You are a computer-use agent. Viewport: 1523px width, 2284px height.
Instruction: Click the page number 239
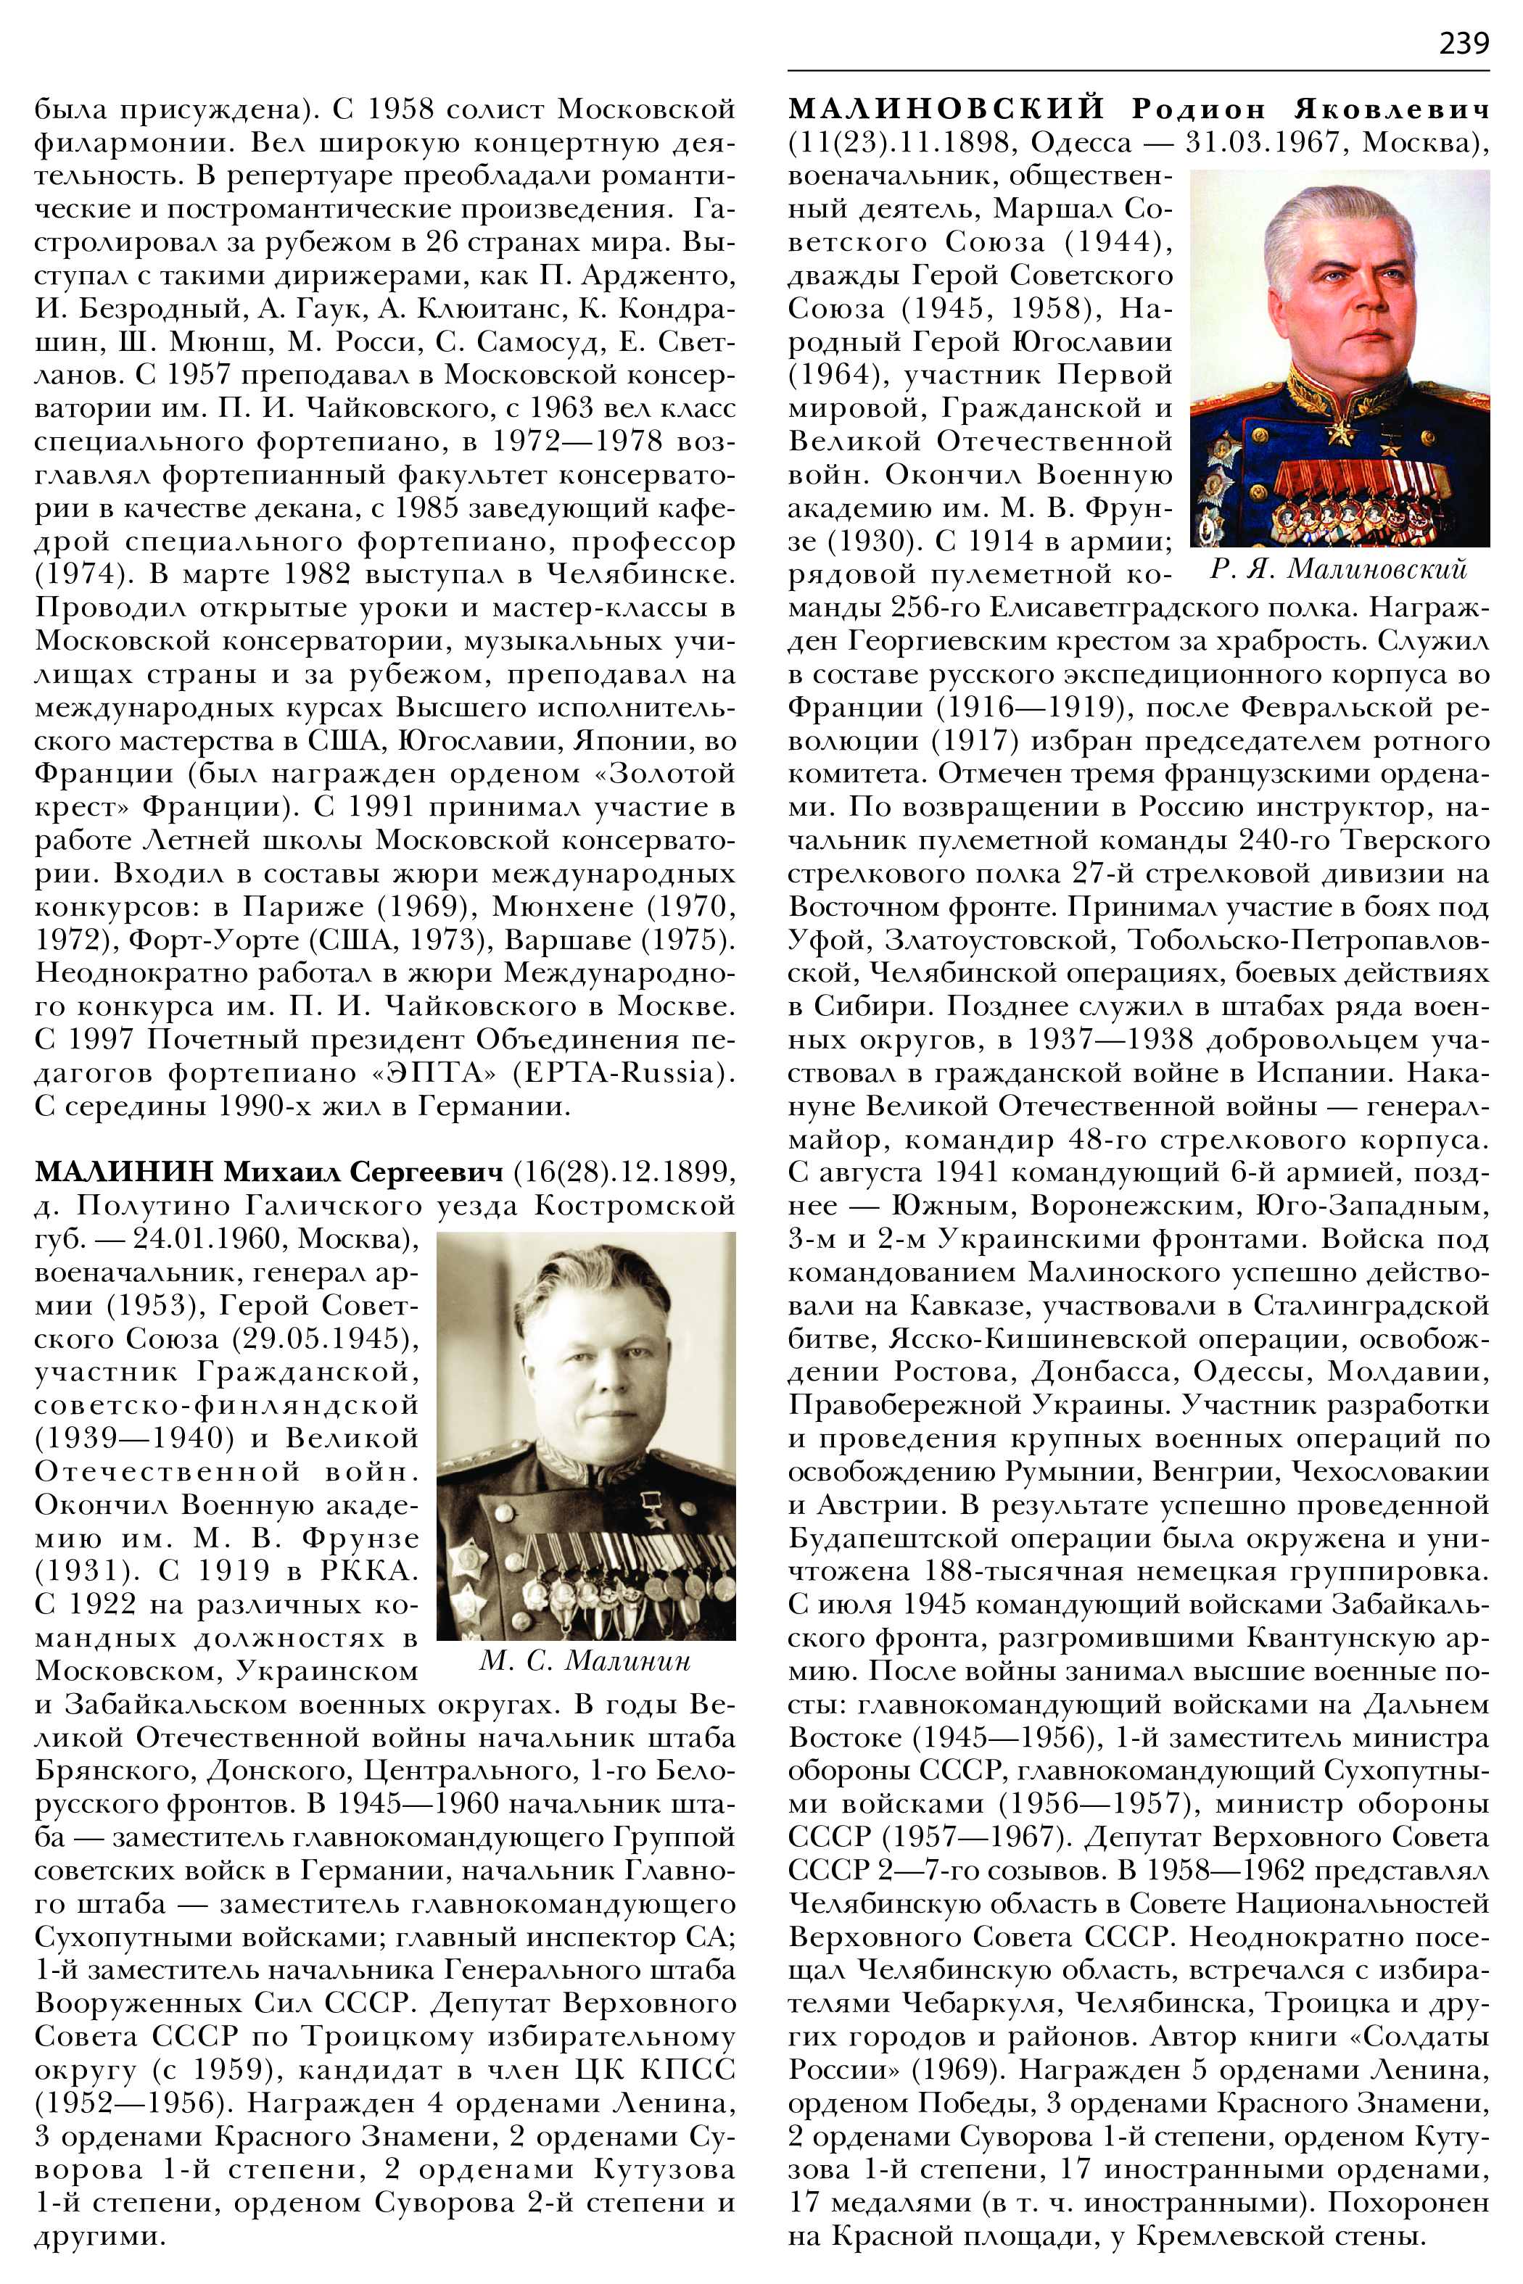[1463, 43]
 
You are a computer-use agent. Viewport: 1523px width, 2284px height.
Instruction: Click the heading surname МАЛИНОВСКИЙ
[946, 109]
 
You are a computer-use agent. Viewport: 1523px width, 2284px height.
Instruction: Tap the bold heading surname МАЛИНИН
[123, 1172]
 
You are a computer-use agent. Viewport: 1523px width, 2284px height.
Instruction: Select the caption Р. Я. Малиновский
[1339, 569]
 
